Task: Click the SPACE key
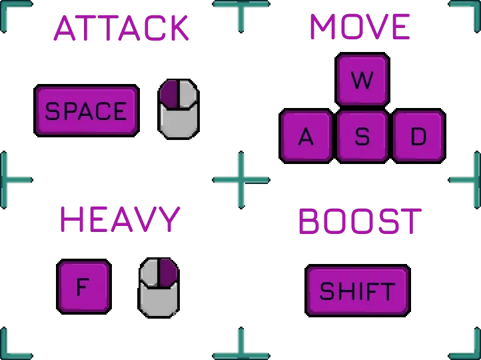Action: pos(86,110)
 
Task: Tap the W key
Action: pos(362,80)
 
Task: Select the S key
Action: pos(362,136)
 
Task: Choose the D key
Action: pos(418,136)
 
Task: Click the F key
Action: pos(83,287)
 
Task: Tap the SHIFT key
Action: pos(357,291)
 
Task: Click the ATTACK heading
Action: pos(122,27)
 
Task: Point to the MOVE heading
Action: pos(360,27)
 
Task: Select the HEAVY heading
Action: pos(120,219)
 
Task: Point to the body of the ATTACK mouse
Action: pos(179,122)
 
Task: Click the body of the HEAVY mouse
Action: pos(159,301)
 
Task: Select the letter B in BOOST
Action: pos(310,221)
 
